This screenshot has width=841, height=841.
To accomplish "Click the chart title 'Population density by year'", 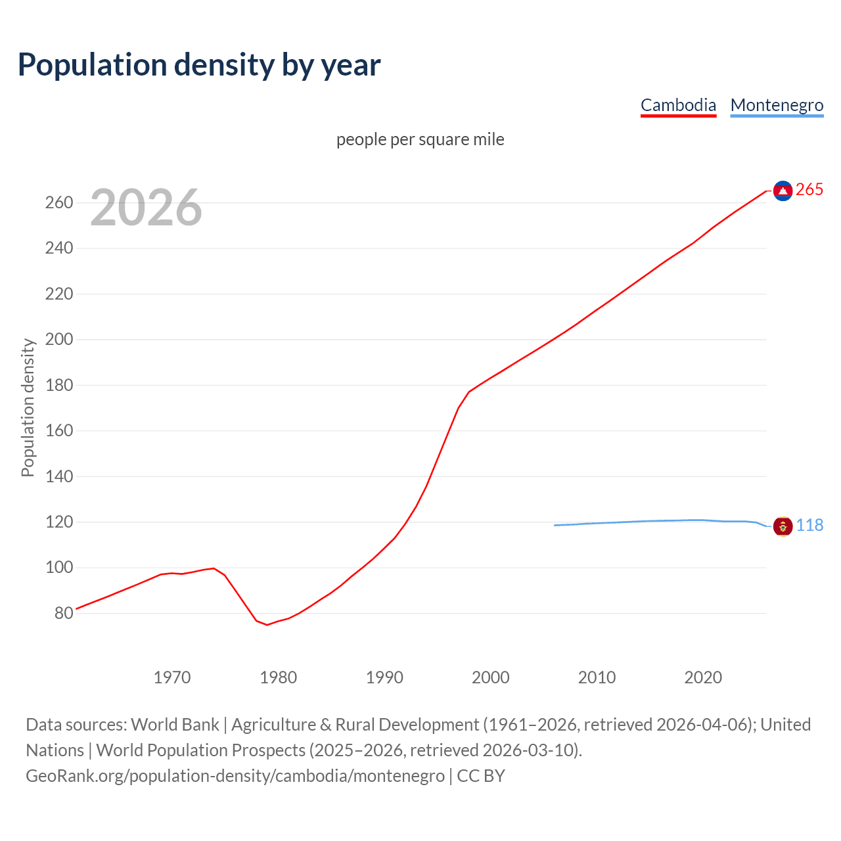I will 199,64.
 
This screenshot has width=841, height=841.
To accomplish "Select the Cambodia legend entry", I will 678,105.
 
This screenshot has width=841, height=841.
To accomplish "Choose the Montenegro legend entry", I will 777,105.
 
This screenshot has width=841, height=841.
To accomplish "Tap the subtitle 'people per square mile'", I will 420,139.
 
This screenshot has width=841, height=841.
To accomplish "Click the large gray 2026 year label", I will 146,208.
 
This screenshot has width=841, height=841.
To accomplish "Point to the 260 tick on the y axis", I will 59,202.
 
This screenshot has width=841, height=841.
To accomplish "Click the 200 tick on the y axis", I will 59,340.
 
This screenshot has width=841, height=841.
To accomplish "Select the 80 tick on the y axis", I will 64,613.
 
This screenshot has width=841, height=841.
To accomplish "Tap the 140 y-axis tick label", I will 59,476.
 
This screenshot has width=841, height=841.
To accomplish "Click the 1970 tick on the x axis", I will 172,677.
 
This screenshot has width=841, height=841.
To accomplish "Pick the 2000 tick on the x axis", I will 490,677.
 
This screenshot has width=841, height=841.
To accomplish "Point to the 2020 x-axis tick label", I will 703,677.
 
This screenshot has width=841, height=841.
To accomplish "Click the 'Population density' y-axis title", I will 28,407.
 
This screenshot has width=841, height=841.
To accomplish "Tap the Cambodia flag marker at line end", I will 783,191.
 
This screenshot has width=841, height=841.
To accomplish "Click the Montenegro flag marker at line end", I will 783,526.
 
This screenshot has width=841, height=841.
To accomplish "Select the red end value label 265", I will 809,190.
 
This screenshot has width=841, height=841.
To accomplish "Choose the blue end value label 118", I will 809,526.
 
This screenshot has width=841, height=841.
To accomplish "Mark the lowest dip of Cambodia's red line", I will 267,624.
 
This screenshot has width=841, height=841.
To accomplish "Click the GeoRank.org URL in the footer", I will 235,776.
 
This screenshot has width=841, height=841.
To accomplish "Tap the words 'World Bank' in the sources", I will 175,725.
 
